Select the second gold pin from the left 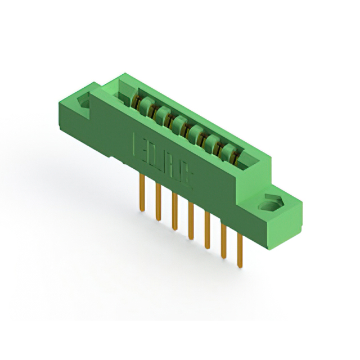coord(157,201)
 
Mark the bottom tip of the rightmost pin coord(240,265)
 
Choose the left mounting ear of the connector coord(79,110)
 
